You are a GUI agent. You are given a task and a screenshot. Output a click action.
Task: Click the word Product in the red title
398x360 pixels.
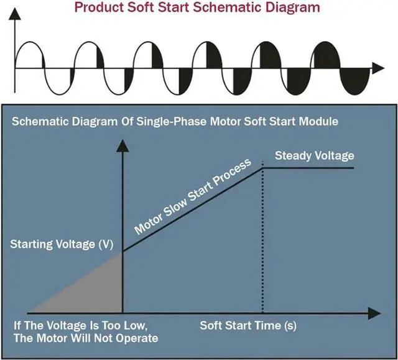[99, 7]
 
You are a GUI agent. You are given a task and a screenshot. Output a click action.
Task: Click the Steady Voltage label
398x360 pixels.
[315, 155]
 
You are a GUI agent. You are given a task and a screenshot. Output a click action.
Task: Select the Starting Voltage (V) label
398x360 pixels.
[62, 244]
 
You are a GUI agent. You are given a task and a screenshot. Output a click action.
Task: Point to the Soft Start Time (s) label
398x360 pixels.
[248, 326]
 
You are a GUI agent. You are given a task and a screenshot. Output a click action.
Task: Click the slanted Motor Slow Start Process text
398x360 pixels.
[193, 197]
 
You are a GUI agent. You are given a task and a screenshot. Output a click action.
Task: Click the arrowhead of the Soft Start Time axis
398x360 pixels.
[374, 313]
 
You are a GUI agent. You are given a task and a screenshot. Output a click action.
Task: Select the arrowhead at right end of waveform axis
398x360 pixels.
[378, 68]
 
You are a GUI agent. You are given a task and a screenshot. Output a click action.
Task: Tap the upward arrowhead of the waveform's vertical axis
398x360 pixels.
[15, 14]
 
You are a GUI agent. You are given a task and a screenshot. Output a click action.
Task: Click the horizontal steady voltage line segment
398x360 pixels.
[308, 168]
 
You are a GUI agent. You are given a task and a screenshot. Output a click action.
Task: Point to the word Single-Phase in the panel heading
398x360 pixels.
[172, 121]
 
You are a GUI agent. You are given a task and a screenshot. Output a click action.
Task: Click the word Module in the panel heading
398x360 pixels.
[318, 121]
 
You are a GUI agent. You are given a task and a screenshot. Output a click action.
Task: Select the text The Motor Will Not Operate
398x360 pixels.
[86, 338]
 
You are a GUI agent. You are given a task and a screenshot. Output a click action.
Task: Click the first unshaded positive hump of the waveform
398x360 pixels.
[29, 55]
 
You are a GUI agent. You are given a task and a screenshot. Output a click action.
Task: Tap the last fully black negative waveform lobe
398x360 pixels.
[354, 81]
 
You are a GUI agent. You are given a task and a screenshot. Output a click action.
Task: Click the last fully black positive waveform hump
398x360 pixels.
[327, 55]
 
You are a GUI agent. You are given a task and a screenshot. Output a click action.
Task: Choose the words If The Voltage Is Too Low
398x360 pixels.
[80, 326]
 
